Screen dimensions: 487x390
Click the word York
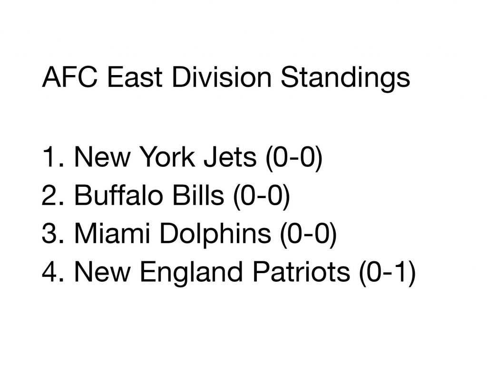click(x=168, y=157)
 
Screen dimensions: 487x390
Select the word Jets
click(x=230, y=157)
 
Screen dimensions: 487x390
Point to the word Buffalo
click(x=118, y=195)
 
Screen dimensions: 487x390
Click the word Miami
click(x=112, y=233)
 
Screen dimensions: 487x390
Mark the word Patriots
click(x=301, y=272)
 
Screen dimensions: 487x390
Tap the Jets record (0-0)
click(x=294, y=158)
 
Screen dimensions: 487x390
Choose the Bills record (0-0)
click(x=262, y=196)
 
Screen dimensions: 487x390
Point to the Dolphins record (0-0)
click(x=308, y=235)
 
